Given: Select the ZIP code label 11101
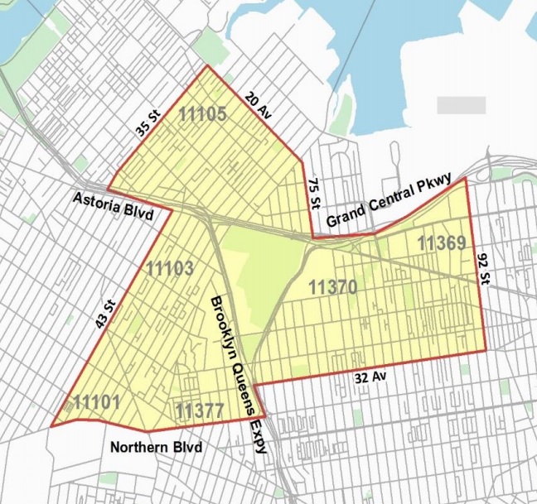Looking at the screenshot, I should [x=97, y=403].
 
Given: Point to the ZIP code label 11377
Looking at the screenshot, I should [x=201, y=409].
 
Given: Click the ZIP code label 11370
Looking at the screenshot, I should [x=332, y=287].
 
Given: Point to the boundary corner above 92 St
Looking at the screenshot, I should [x=465, y=178].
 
